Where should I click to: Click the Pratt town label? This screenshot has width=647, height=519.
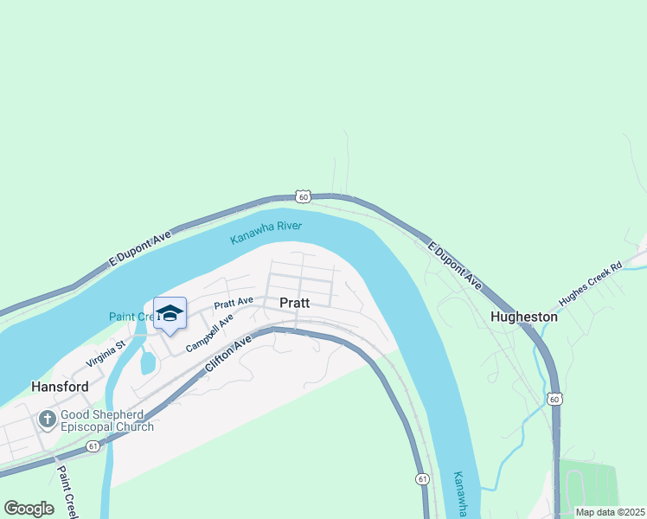(x=295, y=303)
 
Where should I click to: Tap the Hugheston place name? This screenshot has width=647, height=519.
(x=524, y=317)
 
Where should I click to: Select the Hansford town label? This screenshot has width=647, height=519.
(x=60, y=387)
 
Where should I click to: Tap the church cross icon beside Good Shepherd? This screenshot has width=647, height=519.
(x=46, y=420)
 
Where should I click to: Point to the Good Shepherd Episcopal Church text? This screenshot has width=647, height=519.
(x=108, y=420)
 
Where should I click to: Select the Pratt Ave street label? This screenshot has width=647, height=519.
(x=234, y=303)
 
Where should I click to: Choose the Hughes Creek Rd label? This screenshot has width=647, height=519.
(x=590, y=285)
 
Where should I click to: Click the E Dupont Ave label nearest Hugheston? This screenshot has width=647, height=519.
(x=455, y=265)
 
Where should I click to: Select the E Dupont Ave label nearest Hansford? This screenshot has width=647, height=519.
(x=140, y=249)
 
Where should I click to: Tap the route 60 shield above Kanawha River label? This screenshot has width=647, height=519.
(x=302, y=196)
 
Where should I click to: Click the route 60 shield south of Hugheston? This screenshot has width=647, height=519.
(x=554, y=398)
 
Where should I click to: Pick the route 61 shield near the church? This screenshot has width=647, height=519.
(x=92, y=447)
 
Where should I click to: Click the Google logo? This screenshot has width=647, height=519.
(x=29, y=509)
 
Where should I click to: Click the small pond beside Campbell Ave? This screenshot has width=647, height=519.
(x=147, y=362)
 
